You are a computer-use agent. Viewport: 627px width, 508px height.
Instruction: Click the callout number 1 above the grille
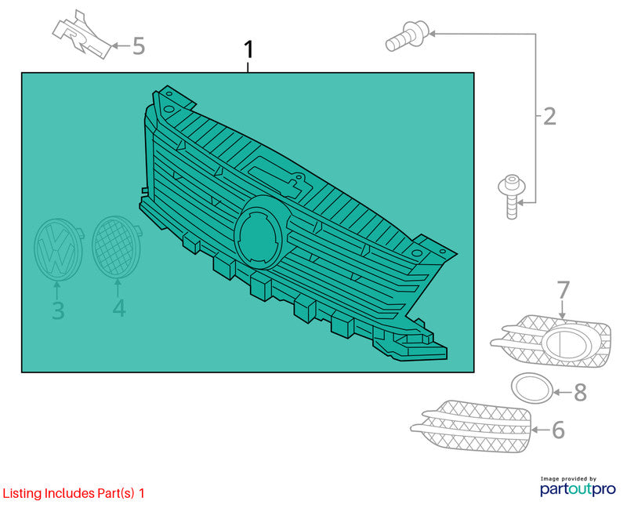pos(248,49)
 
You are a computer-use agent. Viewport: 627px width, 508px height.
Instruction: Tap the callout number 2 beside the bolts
pos(550,116)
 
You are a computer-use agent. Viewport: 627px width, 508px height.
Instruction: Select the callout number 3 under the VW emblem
pos(58,310)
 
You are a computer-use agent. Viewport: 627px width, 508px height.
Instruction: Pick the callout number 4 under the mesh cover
pos(119,307)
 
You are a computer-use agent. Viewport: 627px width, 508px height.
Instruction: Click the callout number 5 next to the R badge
pos(139,45)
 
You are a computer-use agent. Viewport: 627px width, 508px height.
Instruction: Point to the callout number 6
pos(558,430)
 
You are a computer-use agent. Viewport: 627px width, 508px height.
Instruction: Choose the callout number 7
pos(563,289)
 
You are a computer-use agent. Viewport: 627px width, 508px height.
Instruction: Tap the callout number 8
pos(580,393)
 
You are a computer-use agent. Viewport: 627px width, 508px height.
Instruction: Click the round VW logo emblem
pos(58,249)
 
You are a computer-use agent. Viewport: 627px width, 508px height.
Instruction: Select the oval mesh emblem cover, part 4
pos(116,246)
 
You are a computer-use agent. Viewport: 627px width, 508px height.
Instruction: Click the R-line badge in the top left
pos(83,35)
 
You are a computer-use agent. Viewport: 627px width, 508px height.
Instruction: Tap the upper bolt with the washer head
pos(408,36)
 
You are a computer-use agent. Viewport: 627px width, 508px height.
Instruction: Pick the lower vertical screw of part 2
pos(512,197)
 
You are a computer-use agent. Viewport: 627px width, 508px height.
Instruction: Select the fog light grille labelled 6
pos(471,426)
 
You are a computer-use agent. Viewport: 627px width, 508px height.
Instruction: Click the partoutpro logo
pos(578,486)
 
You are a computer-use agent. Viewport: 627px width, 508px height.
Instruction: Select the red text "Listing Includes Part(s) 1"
pos(74,493)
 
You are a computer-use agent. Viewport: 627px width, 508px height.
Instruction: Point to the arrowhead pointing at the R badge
pos(114,45)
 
